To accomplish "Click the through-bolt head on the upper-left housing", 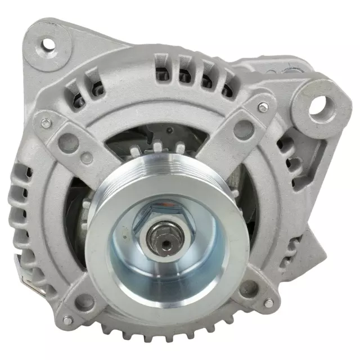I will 42,118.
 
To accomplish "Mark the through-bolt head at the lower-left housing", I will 67,320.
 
